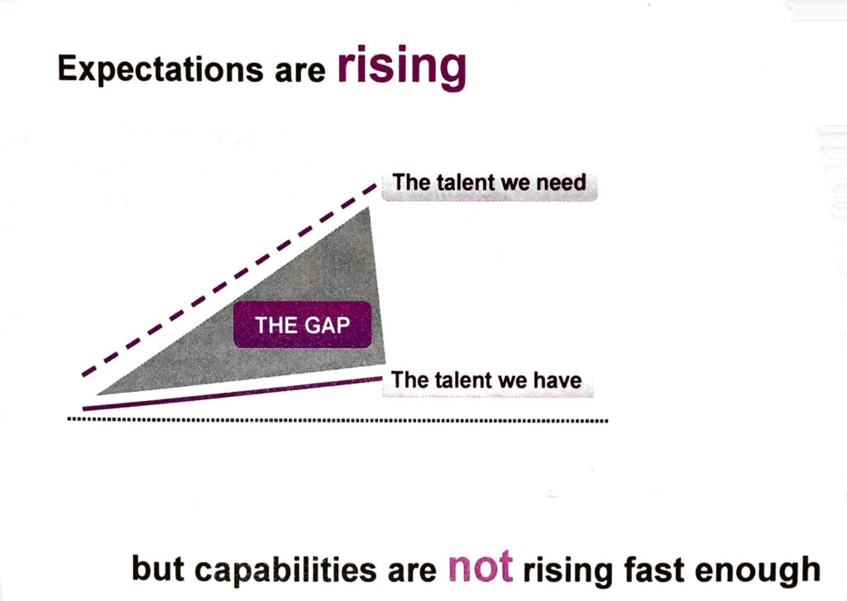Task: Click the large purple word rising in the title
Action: (401, 68)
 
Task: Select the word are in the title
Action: (299, 72)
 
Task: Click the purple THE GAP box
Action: (302, 325)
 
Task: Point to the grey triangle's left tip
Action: (98, 394)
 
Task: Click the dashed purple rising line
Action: (228, 280)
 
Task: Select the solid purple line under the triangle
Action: (232, 394)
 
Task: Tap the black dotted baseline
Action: (338, 420)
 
